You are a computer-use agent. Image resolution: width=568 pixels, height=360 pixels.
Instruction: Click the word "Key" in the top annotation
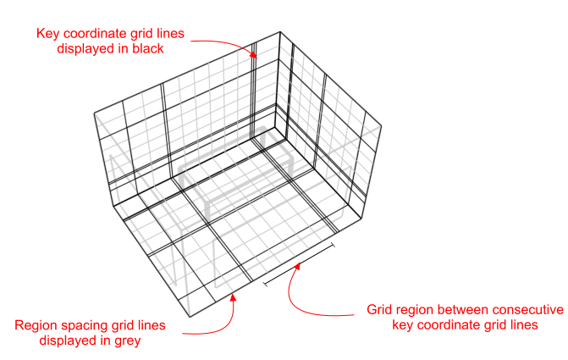47,34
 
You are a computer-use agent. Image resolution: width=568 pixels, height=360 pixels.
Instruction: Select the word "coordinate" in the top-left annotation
94,34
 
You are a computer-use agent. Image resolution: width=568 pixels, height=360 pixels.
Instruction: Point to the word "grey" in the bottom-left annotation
124,341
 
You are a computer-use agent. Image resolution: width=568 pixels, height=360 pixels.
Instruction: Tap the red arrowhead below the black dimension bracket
297,267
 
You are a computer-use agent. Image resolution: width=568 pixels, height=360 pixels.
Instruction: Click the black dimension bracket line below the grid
300,263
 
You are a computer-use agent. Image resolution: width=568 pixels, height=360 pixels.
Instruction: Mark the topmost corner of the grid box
279,32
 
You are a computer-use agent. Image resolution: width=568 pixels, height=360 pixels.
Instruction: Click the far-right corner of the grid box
381,130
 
